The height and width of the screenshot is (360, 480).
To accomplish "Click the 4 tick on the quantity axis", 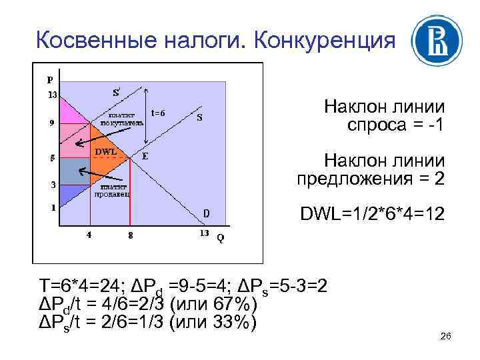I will click(89, 235).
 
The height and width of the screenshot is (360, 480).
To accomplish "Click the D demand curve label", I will click(207, 213).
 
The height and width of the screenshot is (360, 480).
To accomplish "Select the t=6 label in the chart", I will click(158, 113).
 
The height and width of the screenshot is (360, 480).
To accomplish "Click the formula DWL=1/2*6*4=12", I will click(372, 215).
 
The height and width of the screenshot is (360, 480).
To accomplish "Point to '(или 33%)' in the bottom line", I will click(213, 322).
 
